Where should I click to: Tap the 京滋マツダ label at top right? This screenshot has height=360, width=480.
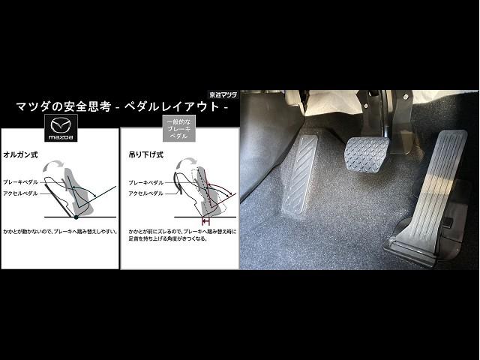(222, 95)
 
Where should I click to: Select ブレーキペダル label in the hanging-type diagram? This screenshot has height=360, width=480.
(146, 182)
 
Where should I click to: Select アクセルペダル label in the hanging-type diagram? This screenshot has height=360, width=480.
(146, 193)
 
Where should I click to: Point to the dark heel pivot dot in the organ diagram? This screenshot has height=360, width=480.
(75, 217)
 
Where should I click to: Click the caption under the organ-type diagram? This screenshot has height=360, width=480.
(60, 231)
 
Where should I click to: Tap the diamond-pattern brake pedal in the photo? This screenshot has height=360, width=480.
(374, 154)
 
